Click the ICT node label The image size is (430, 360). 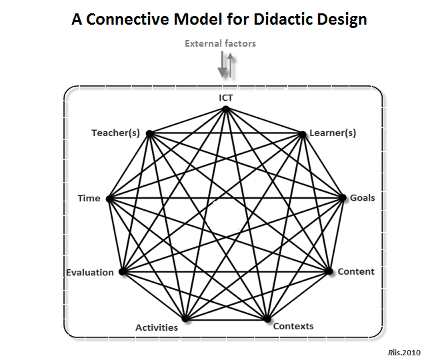pyautogui.click(x=226, y=98)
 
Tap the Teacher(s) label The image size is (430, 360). pyautogui.click(x=115, y=133)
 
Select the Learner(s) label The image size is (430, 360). pyautogui.click(x=333, y=133)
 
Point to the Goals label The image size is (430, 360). pyautogui.click(x=363, y=198)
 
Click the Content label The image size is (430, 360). pyautogui.click(x=356, y=271)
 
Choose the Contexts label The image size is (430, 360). pyautogui.click(x=293, y=326)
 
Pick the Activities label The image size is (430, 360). pyautogui.click(x=157, y=327)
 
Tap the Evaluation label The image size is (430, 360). pyautogui.click(x=90, y=272)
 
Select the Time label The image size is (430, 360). pyautogui.click(x=89, y=198)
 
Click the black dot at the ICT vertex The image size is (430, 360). pyautogui.click(x=226, y=109)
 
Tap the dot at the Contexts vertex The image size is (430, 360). pyautogui.click(x=267, y=319)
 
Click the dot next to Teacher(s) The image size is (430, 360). pyautogui.click(x=149, y=133)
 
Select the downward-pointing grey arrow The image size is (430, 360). pyautogui.click(x=222, y=65)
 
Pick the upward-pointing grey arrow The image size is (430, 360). pyautogui.click(x=231, y=65)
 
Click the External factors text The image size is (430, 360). pyautogui.click(x=220, y=43)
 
